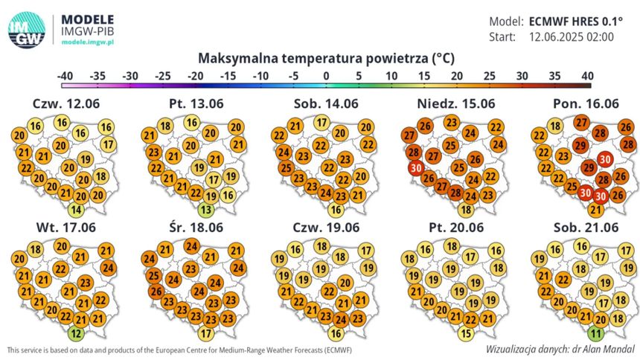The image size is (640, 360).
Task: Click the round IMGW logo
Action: tap(27, 30)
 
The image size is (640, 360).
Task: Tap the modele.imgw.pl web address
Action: tap(88, 42)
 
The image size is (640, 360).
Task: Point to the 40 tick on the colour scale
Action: tap(587, 76)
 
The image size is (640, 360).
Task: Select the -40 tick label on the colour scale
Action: tap(65, 76)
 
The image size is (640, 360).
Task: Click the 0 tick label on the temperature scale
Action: tap(326, 76)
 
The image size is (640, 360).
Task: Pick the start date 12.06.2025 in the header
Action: tap(557, 36)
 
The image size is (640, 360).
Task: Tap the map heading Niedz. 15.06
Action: tap(456, 103)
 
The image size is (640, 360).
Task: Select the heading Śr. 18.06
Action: tap(196, 228)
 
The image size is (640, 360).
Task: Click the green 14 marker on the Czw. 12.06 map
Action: tap(76, 210)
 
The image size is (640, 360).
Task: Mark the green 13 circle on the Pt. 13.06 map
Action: tap(206, 210)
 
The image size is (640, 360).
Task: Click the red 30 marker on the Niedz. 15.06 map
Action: tap(416, 168)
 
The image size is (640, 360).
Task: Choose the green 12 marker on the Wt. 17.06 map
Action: tap(76, 334)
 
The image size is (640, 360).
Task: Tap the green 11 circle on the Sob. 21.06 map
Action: tap(596, 333)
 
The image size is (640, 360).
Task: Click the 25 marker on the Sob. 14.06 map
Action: tap(286, 168)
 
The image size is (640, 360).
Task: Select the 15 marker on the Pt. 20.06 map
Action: tap(466, 333)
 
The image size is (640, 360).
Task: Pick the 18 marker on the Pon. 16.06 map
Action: tap(554, 126)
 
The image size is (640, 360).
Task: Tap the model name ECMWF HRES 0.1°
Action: tap(576, 22)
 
